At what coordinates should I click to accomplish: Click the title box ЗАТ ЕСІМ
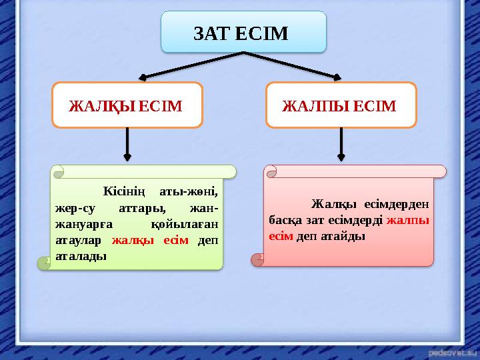(243, 31)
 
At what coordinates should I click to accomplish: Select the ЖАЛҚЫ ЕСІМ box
(127, 105)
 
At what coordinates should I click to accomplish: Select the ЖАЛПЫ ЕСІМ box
(341, 105)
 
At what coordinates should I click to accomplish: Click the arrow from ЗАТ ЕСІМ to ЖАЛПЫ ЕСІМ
(300, 67)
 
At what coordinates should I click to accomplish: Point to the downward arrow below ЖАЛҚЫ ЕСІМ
(127, 145)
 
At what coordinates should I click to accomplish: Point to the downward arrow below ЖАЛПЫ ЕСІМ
(341, 145)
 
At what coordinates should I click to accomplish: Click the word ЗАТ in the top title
(209, 32)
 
